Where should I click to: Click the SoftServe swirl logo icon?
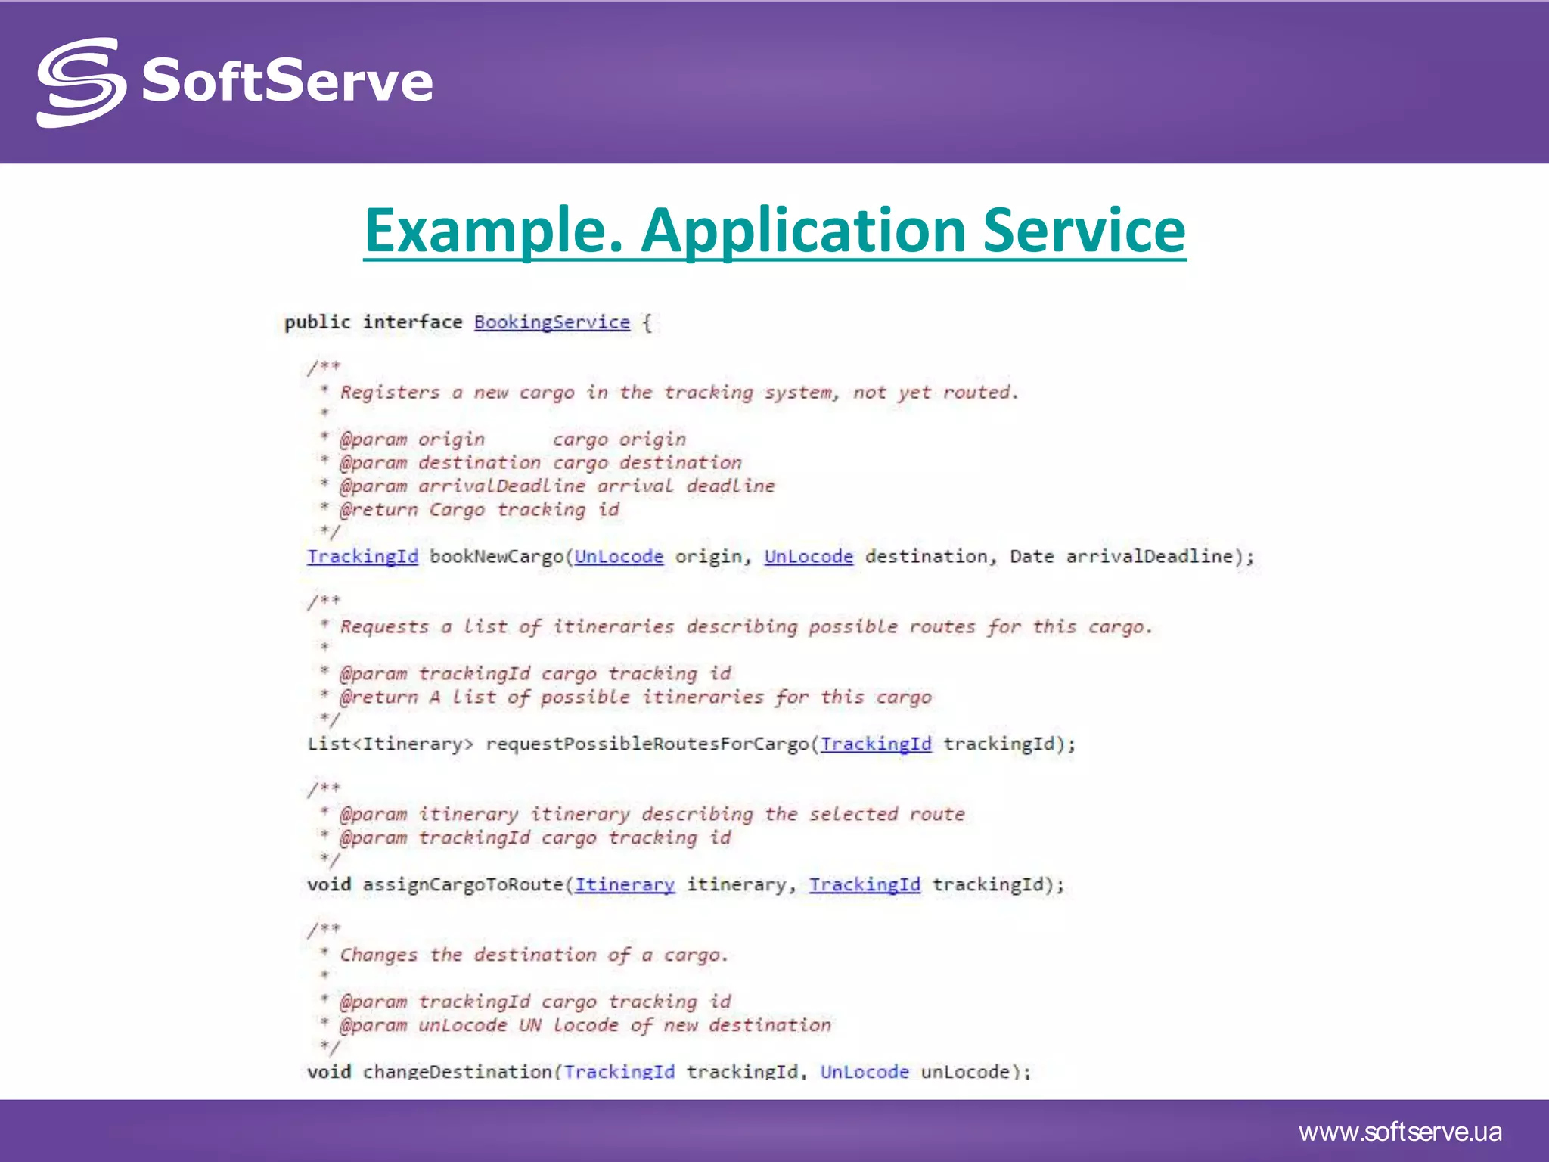tap(81, 82)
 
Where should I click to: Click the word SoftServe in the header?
tap(287, 81)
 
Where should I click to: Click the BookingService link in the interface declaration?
tap(551, 322)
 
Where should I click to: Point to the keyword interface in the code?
tap(412, 322)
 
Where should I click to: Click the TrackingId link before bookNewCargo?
tap(362, 557)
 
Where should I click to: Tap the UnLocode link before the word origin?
tap(619, 557)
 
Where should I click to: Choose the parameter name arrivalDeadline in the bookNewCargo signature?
tap(1150, 557)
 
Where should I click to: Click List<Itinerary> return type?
tap(390, 744)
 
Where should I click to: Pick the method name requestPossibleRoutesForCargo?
tap(647, 744)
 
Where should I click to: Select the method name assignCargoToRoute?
tap(463, 885)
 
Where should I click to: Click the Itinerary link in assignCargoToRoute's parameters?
tap(624, 885)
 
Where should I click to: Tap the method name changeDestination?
tap(458, 1071)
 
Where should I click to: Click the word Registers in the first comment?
tap(390, 393)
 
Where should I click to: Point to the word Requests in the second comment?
tap(384, 627)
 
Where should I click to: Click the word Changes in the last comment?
tap(378, 955)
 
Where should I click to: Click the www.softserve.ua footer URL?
tap(1400, 1132)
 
